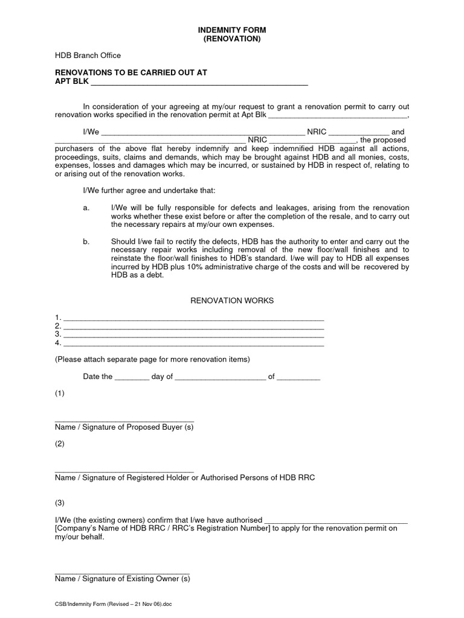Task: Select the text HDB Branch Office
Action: point(88,56)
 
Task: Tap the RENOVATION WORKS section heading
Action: point(233,300)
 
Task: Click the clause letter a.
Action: point(86,208)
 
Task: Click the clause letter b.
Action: point(86,241)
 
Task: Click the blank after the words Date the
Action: point(131,378)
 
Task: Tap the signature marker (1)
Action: point(59,393)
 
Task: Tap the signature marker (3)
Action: point(59,503)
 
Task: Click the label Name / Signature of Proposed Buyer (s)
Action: point(124,427)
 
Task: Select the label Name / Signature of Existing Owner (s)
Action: point(122,579)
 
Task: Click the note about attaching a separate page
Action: point(152,359)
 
